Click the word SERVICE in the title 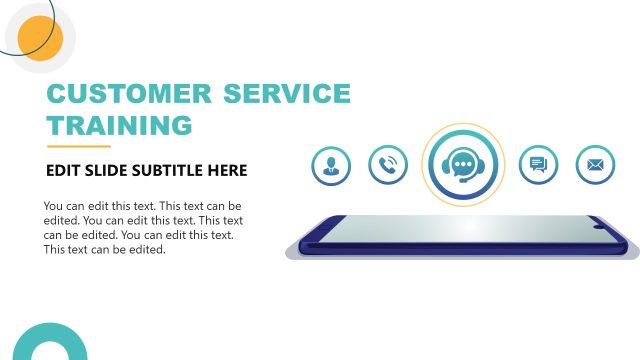tap(286, 94)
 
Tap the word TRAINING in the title tap(119, 126)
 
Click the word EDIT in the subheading tap(63, 171)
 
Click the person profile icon tap(331, 165)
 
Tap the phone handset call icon tap(388, 165)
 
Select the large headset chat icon tap(461, 165)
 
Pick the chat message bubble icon tap(539, 165)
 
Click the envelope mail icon tap(596, 165)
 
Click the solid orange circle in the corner tap(41, 39)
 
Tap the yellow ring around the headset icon tap(461, 127)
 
